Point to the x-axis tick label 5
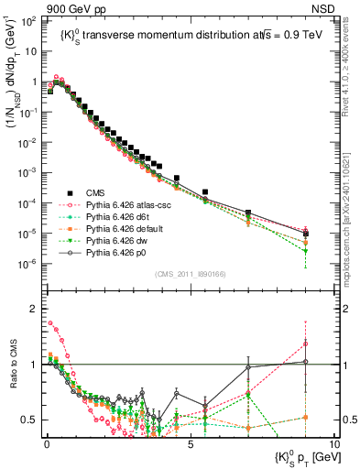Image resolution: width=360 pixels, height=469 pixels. (190, 444)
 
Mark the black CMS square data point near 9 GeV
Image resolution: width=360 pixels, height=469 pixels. (306, 234)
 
